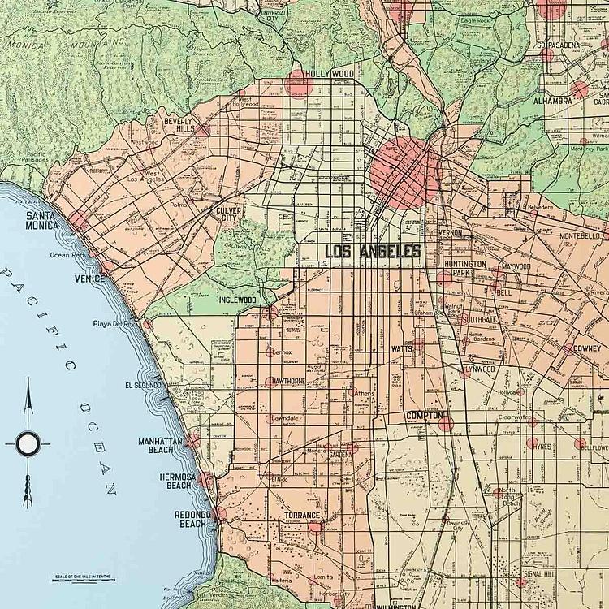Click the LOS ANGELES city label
click(373, 252)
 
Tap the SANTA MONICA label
click(41, 220)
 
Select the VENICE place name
click(89, 279)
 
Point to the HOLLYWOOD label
click(330, 74)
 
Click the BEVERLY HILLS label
click(178, 125)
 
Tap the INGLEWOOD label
click(238, 300)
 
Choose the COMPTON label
click(424, 417)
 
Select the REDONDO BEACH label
click(192, 519)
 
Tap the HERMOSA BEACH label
click(178, 481)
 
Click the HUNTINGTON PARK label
click(465, 269)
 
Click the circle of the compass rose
click(28, 443)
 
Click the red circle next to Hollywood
click(298, 83)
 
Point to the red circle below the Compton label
click(445, 423)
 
